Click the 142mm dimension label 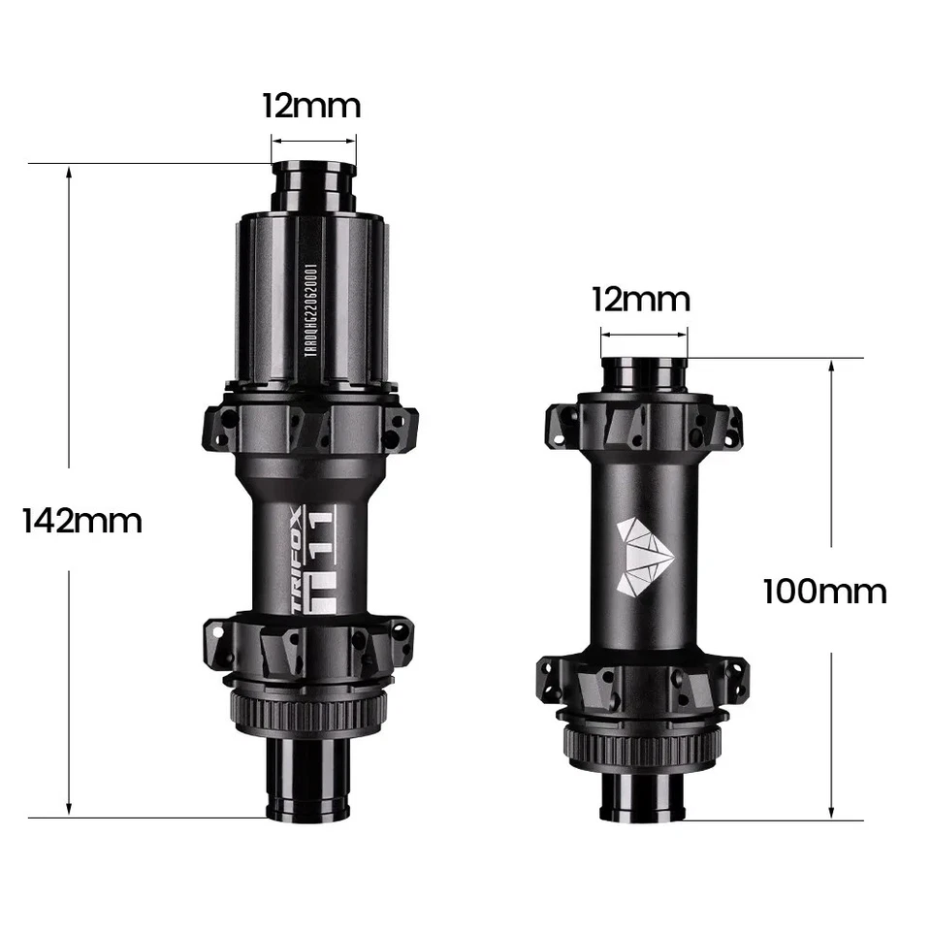pos(82,521)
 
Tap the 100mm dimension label pos(824,591)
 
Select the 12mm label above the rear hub pos(311,106)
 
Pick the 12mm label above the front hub pos(641,300)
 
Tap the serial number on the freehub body pos(310,312)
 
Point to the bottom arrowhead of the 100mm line pos(831,812)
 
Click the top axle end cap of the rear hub pos(312,184)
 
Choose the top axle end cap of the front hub pos(643,373)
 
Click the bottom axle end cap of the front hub pos(643,800)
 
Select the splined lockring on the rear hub pos(309,715)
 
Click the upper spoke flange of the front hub pos(643,424)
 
